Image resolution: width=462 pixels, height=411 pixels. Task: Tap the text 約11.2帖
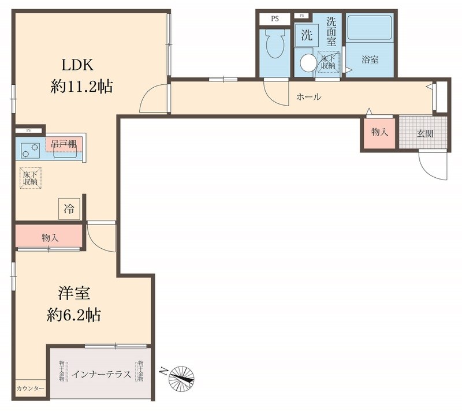(x=81, y=87)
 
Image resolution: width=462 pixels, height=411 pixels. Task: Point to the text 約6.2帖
(x=74, y=315)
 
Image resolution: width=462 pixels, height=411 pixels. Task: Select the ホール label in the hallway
(x=308, y=97)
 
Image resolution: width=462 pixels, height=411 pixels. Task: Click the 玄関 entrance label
(x=425, y=133)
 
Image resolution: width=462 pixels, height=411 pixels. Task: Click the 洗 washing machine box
(x=306, y=35)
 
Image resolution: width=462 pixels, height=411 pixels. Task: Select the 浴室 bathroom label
(x=370, y=59)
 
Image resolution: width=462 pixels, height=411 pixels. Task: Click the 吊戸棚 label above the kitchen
(x=63, y=144)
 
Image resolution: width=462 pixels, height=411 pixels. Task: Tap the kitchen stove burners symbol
(x=29, y=150)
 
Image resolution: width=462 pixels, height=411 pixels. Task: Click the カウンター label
(x=30, y=389)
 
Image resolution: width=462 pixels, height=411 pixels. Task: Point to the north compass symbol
(x=181, y=376)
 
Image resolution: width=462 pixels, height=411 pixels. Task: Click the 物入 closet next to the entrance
(x=379, y=133)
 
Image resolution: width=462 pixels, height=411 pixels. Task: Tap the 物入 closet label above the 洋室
(x=50, y=237)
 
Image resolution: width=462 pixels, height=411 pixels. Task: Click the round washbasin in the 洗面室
(x=308, y=62)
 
